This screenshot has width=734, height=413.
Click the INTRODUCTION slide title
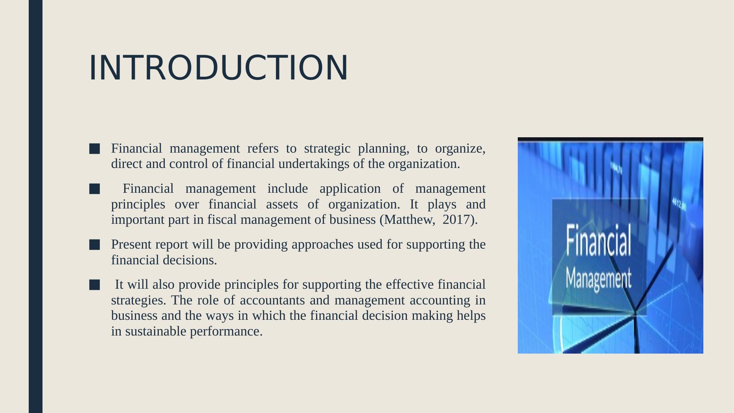point(219,68)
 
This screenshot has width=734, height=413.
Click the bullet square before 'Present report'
point(94,245)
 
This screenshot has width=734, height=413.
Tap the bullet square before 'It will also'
point(94,285)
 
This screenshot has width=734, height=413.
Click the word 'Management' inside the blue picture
point(598,278)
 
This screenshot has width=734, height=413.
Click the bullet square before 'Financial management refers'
point(94,149)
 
